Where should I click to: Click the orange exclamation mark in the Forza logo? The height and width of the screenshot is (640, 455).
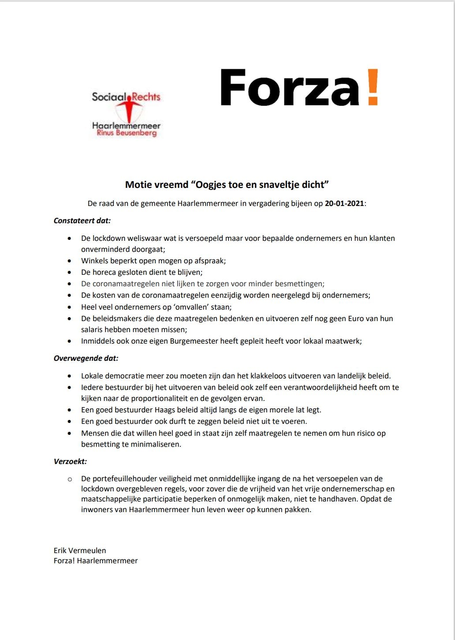(373, 87)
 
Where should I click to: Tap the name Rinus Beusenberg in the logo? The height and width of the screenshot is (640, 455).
(127, 133)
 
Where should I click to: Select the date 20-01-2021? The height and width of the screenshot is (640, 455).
(345, 203)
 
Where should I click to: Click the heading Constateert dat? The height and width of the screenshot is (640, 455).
(82, 221)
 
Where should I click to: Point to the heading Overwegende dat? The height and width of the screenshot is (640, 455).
(86, 358)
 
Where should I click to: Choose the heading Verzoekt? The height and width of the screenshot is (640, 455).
(70, 461)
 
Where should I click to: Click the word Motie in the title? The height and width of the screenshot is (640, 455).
(138, 184)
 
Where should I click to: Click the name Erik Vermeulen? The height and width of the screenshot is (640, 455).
(80, 550)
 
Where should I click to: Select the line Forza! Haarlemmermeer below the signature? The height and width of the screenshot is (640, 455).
(96, 561)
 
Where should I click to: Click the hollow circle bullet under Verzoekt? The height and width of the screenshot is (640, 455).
(70, 479)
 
